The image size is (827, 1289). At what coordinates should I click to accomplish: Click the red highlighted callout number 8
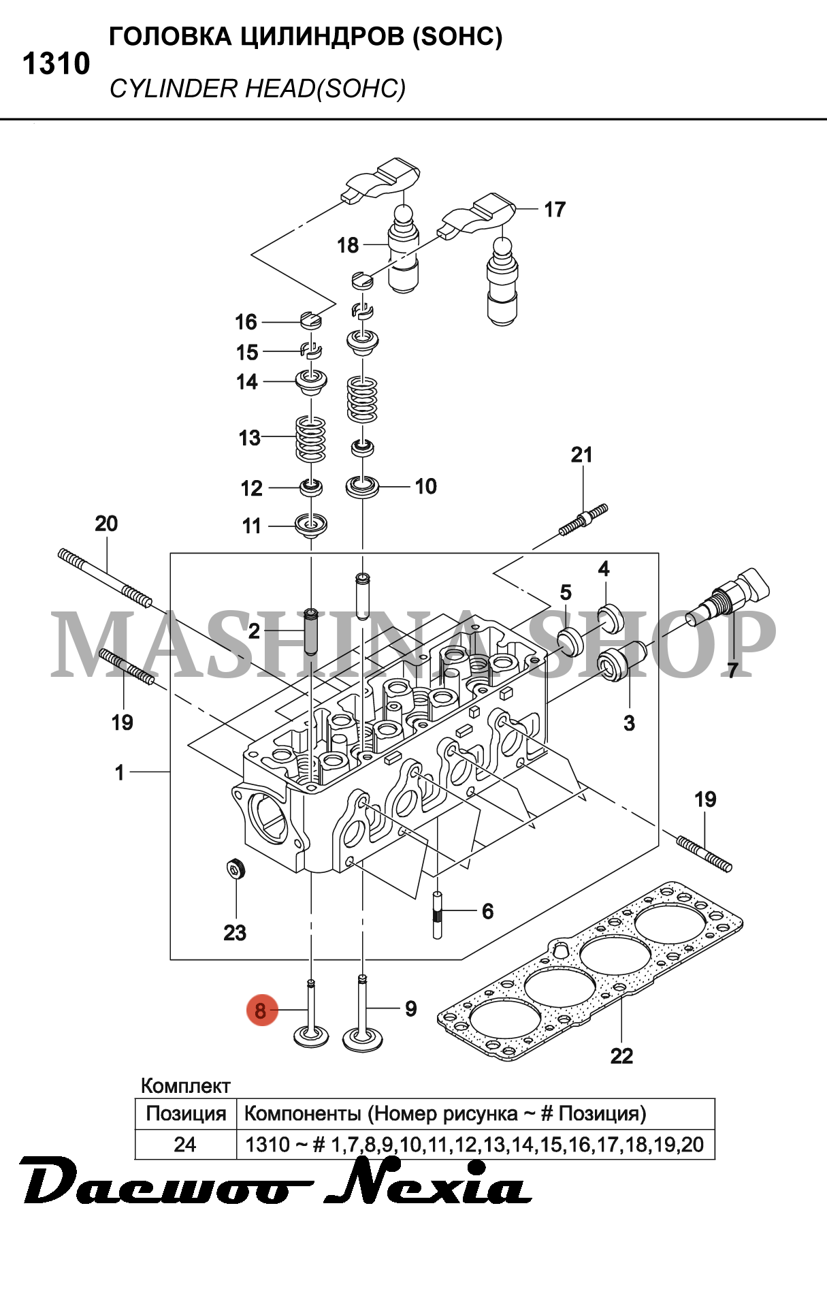click(261, 1010)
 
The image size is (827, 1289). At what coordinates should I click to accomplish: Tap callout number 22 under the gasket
click(621, 1056)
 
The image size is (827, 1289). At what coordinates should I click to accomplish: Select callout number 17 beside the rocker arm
click(555, 210)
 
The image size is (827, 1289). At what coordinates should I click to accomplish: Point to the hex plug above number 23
click(235, 869)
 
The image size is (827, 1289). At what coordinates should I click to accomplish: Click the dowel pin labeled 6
click(437, 915)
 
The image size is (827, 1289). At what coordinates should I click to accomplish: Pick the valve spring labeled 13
click(310, 439)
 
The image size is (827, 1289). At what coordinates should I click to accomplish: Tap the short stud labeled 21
click(583, 520)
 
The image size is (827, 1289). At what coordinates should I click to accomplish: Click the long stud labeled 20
click(106, 577)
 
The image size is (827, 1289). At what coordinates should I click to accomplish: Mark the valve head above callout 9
click(362, 1038)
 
